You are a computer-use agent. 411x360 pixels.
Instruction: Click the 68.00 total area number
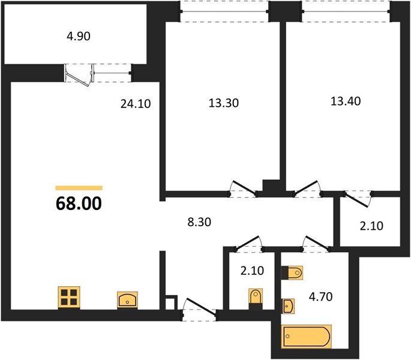79,203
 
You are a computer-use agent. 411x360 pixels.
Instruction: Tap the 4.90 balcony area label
79,36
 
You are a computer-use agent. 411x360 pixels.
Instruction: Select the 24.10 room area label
136,104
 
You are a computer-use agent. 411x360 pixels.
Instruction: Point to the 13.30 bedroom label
224,103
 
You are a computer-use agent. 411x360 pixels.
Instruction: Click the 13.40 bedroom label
346,101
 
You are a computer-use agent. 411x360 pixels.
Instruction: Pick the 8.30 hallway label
199,222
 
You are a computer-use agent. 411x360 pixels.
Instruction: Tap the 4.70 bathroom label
320,297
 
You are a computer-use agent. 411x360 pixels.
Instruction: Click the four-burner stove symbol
69,297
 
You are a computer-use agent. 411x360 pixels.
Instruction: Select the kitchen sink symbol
127,299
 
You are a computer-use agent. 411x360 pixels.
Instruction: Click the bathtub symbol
306,337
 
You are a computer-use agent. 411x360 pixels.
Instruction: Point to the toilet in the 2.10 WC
256,299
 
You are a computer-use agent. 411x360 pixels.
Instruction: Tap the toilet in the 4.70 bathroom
292,272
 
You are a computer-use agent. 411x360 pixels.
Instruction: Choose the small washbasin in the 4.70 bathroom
288,306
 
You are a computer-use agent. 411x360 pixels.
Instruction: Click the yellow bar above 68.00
79,188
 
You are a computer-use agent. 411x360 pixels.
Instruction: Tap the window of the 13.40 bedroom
346,11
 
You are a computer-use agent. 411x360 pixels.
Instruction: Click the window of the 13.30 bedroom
224,11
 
